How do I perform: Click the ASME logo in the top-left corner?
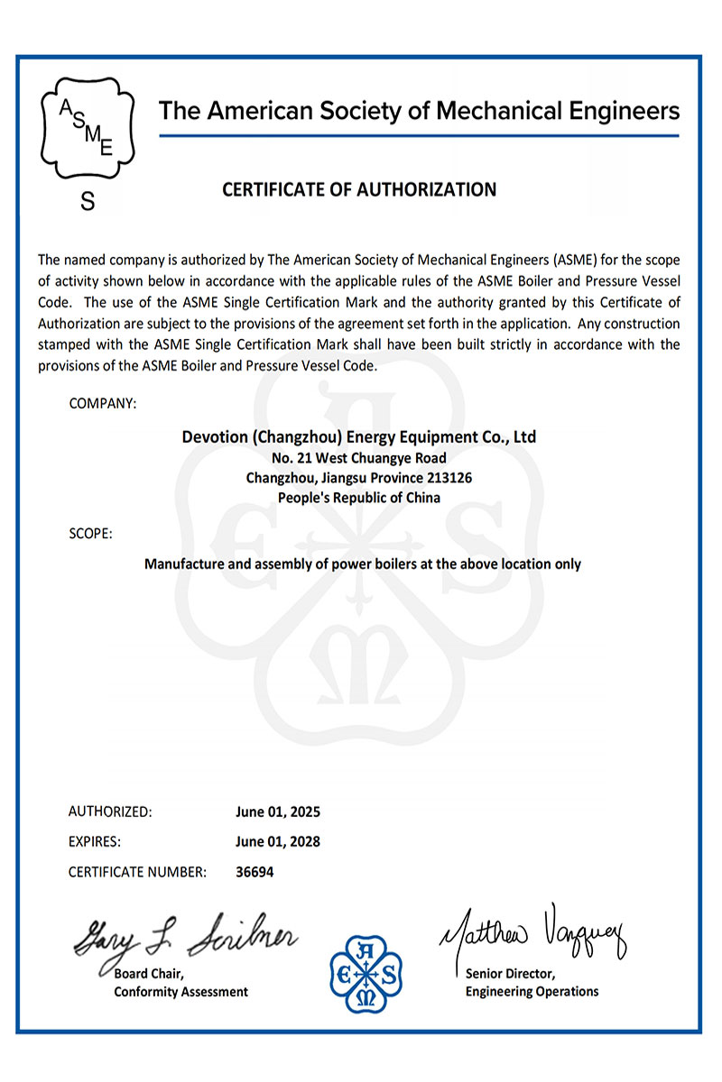(x=88, y=129)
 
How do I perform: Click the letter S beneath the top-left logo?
(x=88, y=202)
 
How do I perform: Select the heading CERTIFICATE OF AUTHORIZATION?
(x=359, y=189)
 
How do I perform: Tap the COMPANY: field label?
(x=103, y=403)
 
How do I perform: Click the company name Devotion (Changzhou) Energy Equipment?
(x=359, y=437)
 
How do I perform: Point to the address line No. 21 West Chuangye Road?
(x=359, y=458)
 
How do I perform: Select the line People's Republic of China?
(x=359, y=498)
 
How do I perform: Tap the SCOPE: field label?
(x=90, y=533)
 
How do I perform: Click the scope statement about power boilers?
(x=363, y=564)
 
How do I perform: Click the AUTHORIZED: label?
(x=110, y=811)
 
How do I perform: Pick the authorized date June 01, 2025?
(x=278, y=811)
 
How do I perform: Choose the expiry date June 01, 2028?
(x=278, y=842)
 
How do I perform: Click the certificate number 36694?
(x=255, y=872)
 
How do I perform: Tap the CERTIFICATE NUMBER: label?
(x=138, y=872)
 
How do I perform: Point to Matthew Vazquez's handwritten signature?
(x=532, y=932)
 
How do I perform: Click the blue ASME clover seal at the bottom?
(x=366, y=972)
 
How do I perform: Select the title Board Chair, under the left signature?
(x=149, y=974)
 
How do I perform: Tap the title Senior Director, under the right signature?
(x=510, y=974)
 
